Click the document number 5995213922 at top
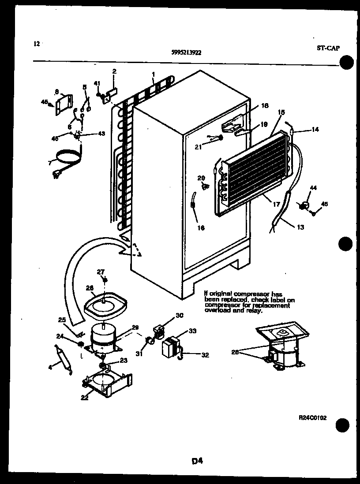[x=186, y=52]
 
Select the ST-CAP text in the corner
[x=328, y=48]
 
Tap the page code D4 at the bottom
[x=197, y=461]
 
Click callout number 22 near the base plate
[x=84, y=398]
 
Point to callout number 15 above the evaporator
[x=281, y=113]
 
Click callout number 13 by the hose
[x=300, y=227]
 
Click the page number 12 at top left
[x=37, y=44]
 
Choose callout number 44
[x=314, y=188]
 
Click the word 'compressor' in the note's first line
[x=249, y=294]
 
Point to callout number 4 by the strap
[x=49, y=367]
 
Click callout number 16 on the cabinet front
[x=201, y=228]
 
